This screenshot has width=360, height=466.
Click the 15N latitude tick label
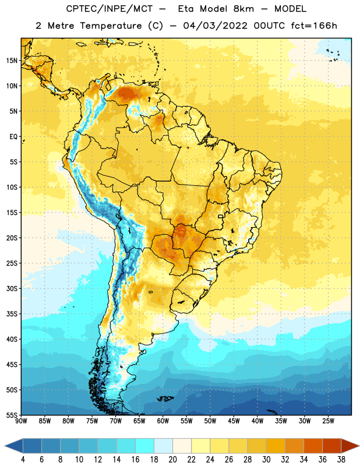[x=12, y=61]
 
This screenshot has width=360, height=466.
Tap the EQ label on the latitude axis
[x=13, y=137]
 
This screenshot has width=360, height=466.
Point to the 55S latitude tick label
[x=12, y=415]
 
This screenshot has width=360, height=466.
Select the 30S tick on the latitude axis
[x=12, y=288]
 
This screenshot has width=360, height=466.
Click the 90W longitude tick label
[x=21, y=421]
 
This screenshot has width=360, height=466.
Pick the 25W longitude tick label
[x=328, y=421]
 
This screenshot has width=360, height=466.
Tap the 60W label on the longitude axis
[x=163, y=421]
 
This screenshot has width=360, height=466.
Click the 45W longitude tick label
[x=234, y=421]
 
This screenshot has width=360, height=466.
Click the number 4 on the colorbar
[x=23, y=460]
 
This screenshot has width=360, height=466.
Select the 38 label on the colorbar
[x=341, y=460]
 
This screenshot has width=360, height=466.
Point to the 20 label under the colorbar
[x=172, y=460]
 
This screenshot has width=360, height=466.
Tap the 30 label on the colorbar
[x=266, y=460]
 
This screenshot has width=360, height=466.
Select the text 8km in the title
[x=243, y=9]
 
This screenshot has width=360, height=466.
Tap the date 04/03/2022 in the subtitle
[x=215, y=26]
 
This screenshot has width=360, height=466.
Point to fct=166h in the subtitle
[x=314, y=26]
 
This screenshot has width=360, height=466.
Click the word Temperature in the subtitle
[x=111, y=26]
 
